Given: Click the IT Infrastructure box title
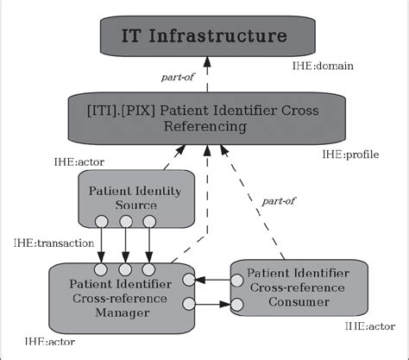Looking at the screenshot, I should (x=204, y=35).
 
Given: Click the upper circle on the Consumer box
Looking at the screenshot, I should (x=232, y=280).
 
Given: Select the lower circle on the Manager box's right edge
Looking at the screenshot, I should (x=187, y=303).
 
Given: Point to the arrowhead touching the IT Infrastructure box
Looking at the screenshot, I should (x=206, y=60).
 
